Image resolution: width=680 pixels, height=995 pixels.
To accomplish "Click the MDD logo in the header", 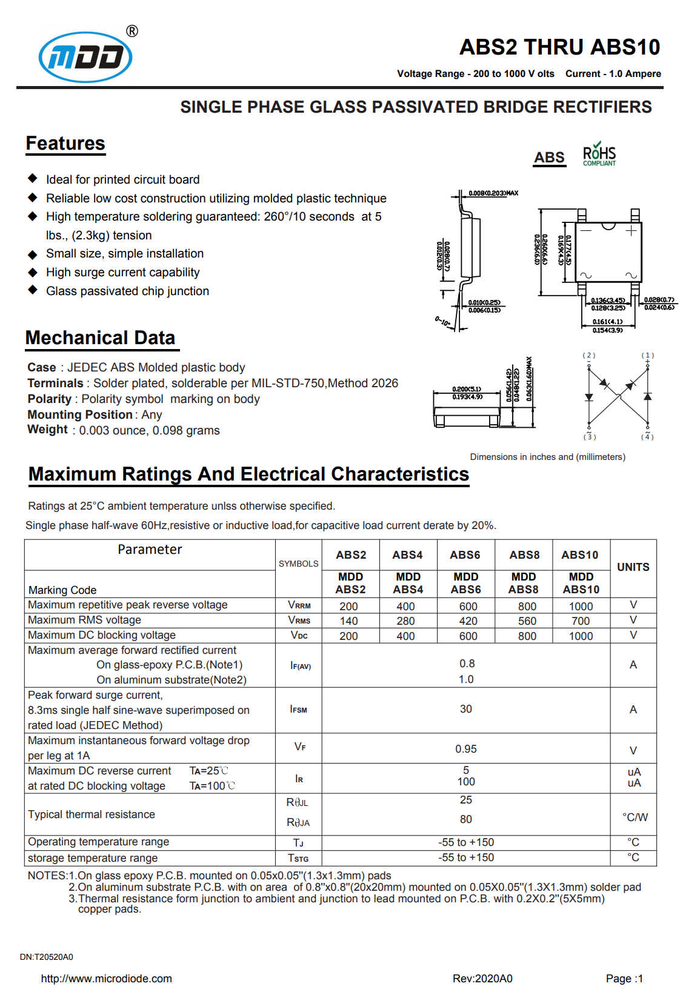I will [x=85, y=57].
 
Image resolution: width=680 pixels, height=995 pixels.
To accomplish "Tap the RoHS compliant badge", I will [x=599, y=155].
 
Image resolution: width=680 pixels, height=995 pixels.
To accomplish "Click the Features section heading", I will [x=65, y=144].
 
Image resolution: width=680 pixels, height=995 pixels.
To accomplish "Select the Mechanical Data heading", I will [x=101, y=338].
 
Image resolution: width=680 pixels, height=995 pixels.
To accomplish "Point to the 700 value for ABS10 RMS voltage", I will [x=581, y=621].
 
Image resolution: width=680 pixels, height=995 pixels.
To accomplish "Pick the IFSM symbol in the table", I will [x=299, y=710].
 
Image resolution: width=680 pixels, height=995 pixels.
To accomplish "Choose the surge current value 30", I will [x=465, y=709].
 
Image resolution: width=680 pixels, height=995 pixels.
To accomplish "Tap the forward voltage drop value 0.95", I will [x=465, y=749].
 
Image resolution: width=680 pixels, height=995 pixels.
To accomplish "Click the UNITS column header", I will [x=633, y=567].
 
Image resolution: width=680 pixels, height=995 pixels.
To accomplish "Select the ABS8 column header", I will [x=524, y=555].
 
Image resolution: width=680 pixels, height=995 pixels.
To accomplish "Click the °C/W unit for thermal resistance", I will [x=635, y=817].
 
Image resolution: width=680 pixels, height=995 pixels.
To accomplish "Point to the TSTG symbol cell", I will [x=298, y=858].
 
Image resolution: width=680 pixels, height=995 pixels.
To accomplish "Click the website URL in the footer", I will [x=107, y=979].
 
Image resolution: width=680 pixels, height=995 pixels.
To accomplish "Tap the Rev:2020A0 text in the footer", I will [x=482, y=979].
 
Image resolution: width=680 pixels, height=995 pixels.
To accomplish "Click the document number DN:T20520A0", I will [x=47, y=957].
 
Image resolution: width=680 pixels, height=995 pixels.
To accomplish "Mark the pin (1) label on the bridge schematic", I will [x=648, y=356].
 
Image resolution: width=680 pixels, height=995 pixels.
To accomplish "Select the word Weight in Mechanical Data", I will [x=47, y=430].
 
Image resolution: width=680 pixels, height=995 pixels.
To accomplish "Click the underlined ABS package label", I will [x=549, y=158].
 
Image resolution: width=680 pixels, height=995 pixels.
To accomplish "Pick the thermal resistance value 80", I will [x=465, y=819].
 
